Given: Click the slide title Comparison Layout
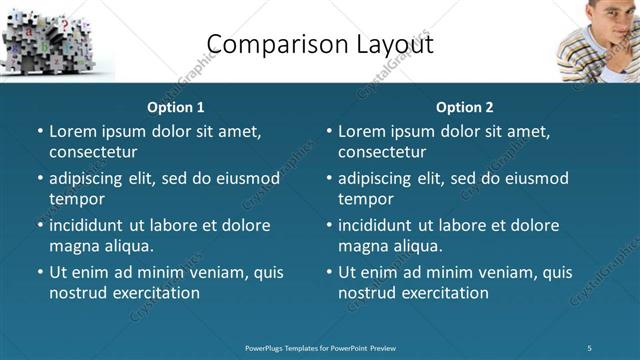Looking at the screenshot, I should point(320,43).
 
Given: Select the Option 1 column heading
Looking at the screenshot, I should point(176,107).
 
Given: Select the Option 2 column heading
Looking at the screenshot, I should point(465,107).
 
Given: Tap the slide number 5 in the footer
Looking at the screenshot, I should point(590,348).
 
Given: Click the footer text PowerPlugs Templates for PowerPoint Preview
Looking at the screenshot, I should point(320,348).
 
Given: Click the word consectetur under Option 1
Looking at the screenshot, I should point(93,152).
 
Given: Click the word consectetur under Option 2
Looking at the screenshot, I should point(382,152).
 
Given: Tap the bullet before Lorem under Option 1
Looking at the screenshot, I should point(39,131).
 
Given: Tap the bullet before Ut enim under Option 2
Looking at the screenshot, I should point(328,272).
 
